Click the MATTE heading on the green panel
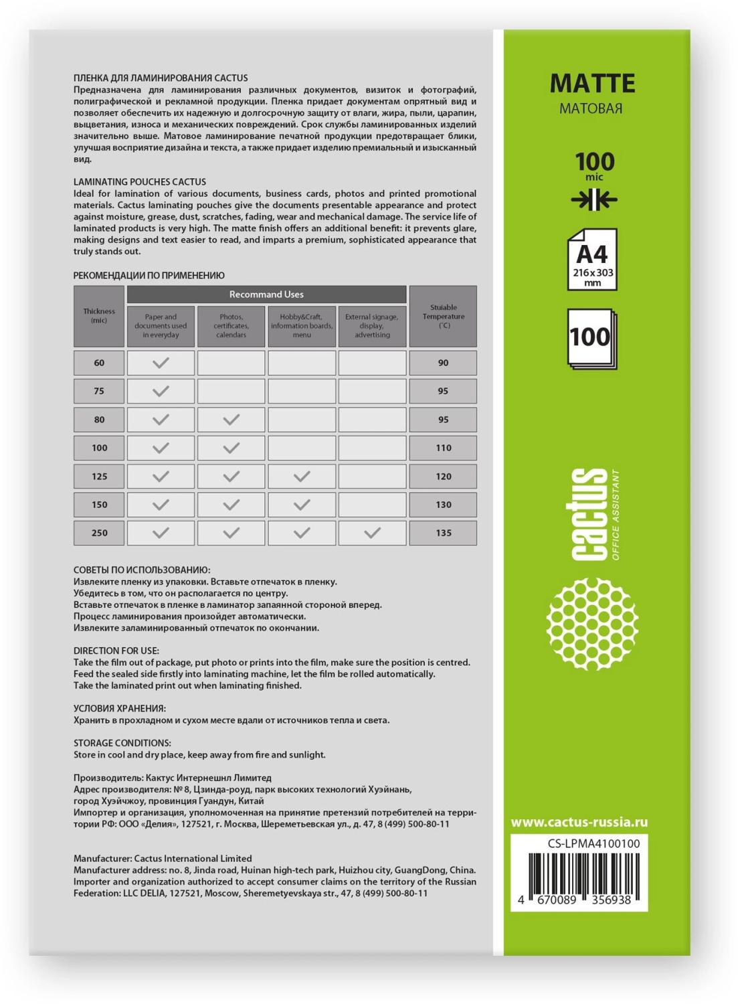click(591, 84)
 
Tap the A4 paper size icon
click(591, 260)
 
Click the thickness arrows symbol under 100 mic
click(591, 199)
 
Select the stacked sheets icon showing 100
click(591, 337)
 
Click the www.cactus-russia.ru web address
click(579, 823)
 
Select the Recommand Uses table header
click(266, 295)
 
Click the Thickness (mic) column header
click(99, 316)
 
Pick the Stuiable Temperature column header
click(443, 316)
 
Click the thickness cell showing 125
click(99, 477)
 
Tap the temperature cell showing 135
click(443, 533)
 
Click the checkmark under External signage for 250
click(372, 533)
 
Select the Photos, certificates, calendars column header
click(231, 326)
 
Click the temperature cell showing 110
click(443, 448)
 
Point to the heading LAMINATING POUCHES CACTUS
click(140, 181)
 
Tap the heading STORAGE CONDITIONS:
click(122, 743)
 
